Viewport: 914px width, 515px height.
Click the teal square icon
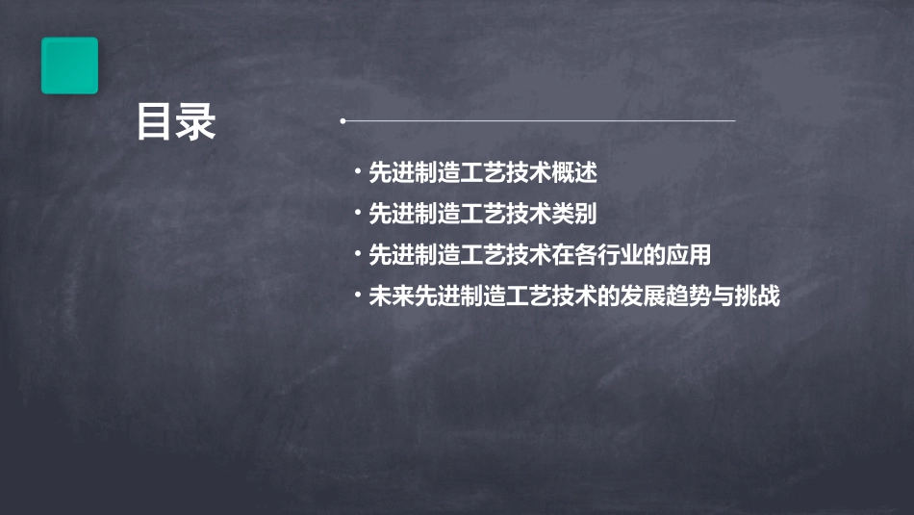69,65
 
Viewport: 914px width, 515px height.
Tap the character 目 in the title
154,123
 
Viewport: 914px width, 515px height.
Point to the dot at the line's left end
342,121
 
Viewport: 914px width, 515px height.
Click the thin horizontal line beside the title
539,121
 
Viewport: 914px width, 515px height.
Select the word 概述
575,172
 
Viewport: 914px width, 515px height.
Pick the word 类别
575,214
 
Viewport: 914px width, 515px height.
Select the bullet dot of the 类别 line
358,214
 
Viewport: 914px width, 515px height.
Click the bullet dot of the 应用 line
358,255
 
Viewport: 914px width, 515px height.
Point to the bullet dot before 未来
358,296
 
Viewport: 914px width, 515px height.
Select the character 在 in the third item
563,255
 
